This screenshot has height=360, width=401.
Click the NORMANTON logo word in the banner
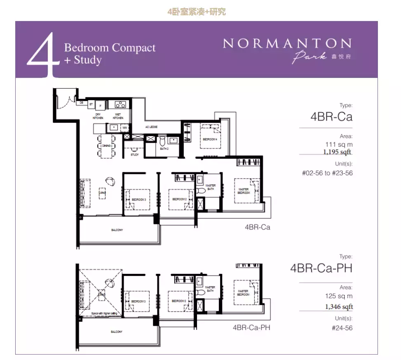coord(287,43)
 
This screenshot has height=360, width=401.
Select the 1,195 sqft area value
coord(338,152)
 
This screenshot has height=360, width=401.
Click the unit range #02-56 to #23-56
coord(327,173)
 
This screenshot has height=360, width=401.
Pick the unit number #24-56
coord(342,328)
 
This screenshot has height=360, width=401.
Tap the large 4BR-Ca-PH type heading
coord(321,268)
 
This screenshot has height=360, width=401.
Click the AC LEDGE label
coord(151,127)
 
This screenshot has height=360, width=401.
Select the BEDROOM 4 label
coord(209,139)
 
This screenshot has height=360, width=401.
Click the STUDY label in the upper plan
coord(135,155)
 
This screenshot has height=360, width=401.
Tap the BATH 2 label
coord(164,148)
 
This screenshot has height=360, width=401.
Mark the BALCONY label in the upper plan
coord(117,230)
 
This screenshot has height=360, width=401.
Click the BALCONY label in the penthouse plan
coord(117,332)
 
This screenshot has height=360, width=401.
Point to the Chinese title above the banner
coord(197,12)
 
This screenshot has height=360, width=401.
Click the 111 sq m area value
coord(339,144)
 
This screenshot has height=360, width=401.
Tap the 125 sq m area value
coord(339,296)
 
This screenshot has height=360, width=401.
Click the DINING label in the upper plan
coord(106,146)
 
